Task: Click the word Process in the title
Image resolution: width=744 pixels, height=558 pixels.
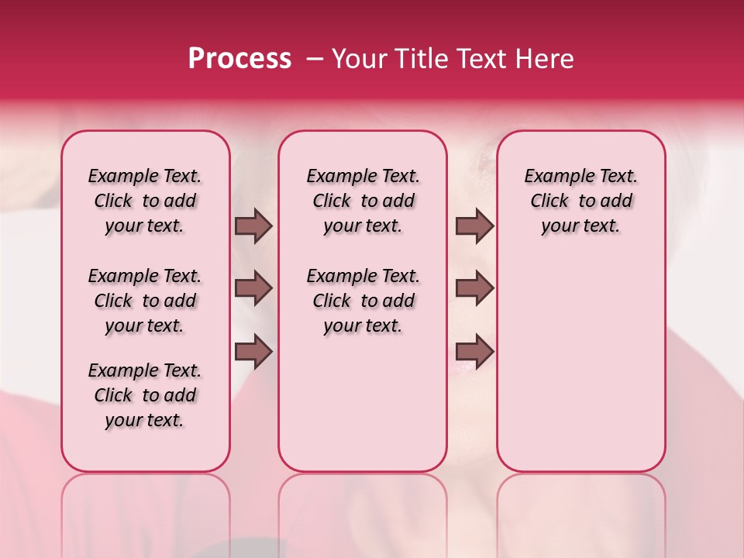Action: [x=239, y=58]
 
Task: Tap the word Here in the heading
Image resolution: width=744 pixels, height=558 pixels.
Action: [x=546, y=58]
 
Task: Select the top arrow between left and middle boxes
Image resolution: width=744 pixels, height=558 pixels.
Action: [x=253, y=226]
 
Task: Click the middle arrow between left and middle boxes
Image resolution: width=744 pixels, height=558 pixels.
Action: [x=253, y=288]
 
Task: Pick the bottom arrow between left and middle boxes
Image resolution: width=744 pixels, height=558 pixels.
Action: [x=253, y=353]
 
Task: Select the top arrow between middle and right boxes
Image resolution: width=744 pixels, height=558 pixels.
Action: [x=474, y=226]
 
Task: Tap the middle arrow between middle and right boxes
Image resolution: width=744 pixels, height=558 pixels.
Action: [x=474, y=288]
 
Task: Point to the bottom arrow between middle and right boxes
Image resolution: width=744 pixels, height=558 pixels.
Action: [x=474, y=353]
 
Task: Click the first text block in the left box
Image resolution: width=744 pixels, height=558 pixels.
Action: [x=145, y=201]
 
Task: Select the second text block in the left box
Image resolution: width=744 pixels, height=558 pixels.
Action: [x=145, y=301]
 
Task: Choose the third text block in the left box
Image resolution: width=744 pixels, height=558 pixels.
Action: [x=145, y=395]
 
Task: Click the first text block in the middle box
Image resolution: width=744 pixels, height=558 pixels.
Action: [x=363, y=201]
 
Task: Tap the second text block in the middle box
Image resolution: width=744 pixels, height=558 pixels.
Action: [x=363, y=301]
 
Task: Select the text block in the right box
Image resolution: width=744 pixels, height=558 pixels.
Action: [x=581, y=201]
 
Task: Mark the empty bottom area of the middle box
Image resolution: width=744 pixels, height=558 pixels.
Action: [x=363, y=411]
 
